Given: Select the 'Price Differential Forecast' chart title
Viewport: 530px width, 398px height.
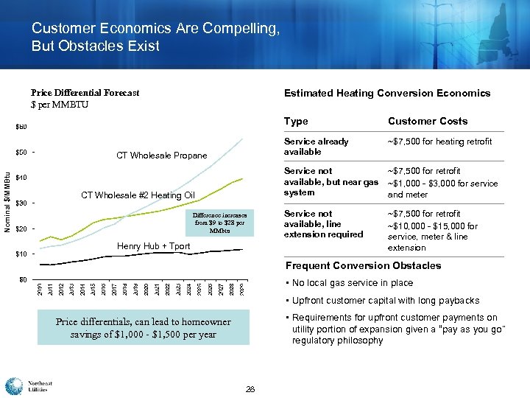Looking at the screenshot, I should tap(85, 93).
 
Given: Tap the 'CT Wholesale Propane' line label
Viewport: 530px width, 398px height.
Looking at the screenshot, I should tap(162, 156).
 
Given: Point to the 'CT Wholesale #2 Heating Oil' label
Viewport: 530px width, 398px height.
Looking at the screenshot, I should tap(138, 195).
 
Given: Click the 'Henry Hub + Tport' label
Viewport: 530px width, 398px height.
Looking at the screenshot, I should tap(154, 246).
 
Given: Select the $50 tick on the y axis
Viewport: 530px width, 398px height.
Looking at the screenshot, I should tap(24, 153).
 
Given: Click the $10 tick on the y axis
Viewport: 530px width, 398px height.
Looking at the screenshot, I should tap(24, 254).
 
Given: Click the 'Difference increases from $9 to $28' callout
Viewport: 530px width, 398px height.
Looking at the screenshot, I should tap(220, 221).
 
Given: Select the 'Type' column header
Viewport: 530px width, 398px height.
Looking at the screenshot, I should tap(296, 122).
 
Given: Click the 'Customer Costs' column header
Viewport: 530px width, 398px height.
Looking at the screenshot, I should tap(427, 122).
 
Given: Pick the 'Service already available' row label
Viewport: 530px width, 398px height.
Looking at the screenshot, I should tap(317, 147).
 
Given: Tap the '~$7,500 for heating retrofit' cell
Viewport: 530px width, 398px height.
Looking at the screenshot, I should tap(439, 142).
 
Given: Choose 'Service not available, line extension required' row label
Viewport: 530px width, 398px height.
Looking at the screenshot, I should tap(325, 224).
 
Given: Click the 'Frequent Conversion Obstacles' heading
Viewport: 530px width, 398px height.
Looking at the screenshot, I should tap(362, 265).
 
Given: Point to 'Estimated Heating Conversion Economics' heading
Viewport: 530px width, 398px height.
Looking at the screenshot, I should tap(386, 93).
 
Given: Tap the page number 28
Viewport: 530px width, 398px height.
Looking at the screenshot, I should tap(250, 388).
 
